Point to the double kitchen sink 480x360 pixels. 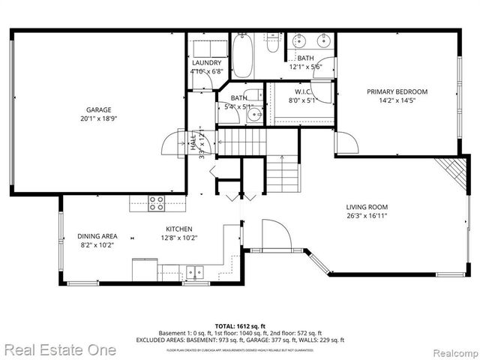point(197,271)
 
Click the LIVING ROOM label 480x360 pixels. point(367,207)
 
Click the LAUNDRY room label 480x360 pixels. point(206,63)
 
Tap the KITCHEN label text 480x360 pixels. point(179,229)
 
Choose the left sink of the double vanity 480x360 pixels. point(299,40)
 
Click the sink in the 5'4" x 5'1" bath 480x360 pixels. point(253,115)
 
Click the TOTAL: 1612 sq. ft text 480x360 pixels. point(240,326)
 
